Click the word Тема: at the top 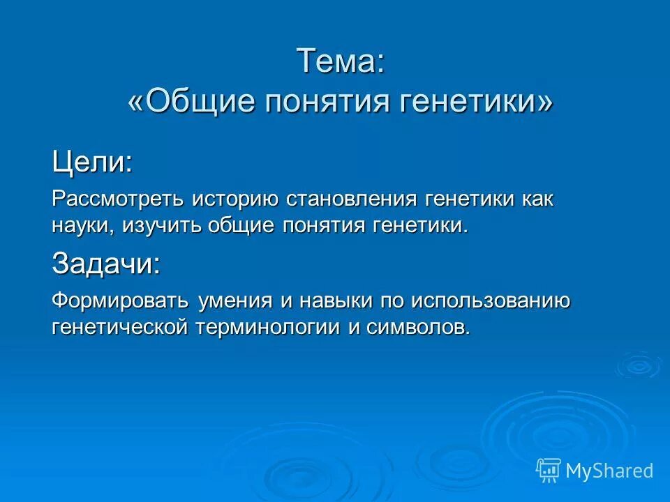[341, 61]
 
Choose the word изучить [164, 225]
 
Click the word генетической [119, 327]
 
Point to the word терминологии [265, 327]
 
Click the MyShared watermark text [609, 471]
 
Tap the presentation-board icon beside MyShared [549, 471]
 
